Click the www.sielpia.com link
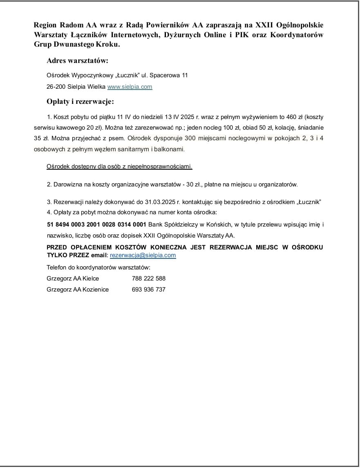point(130,87)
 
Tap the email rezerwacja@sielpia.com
point(143,255)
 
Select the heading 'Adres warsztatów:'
point(77,61)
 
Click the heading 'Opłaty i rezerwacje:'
point(80,101)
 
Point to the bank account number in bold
point(97,224)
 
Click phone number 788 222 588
point(149,278)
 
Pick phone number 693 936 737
point(149,289)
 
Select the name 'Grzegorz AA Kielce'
point(73,278)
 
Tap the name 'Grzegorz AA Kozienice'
point(78,289)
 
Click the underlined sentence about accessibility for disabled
point(119,167)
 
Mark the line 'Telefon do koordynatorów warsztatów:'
point(98,268)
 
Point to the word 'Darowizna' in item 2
point(67,184)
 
